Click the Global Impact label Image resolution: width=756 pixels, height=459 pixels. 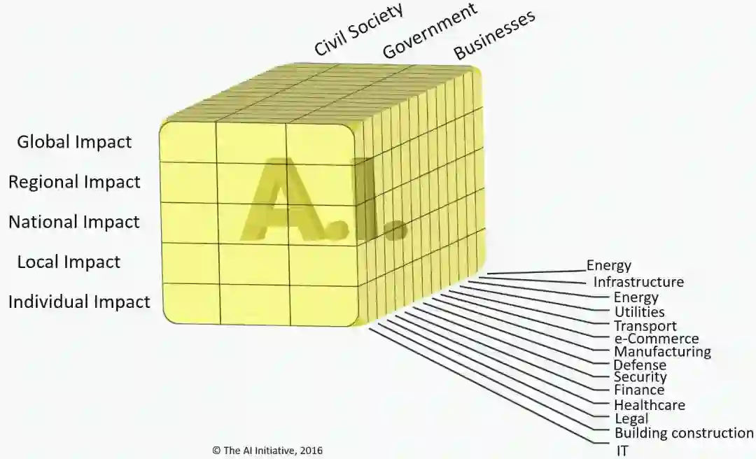pyautogui.click(x=74, y=142)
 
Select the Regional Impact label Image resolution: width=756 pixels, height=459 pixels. pyautogui.click(x=74, y=182)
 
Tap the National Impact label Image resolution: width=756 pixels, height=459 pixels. pyautogui.click(x=74, y=222)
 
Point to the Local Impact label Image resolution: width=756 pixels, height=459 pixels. pyautogui.click(x=69, y=262)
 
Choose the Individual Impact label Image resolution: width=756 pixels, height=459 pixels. pyautogui.click(x=79, y=302)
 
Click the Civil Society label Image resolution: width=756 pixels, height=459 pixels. pyautogui.click(x=359, y=29)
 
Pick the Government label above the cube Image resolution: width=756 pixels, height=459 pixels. pyautogui.click(x=430, y=30)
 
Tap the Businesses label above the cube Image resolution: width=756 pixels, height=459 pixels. pyautogui.click(x=494, y=34)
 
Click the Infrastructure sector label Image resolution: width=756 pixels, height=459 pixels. pyautogui.click(x=638, y=282)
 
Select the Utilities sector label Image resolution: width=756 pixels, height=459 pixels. pyautogui.click(x=639, y=312)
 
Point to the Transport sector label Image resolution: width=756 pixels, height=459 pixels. pyautogui.click(x=645, y=326)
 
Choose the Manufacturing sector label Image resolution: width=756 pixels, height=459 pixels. pyautogui.click(x=662, y=352)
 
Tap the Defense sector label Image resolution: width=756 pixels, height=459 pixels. pyautogui.click(x=640, y=365)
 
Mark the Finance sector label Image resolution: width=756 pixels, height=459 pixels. pyautogui.click(x=639, y=390)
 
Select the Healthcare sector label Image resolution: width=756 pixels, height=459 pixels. pyautogui.click(x=649, y=405)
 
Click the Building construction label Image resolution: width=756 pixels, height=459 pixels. pyautogui.click(x=684, y=433)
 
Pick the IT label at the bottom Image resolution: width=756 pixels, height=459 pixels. pyautogui.click(x=622, y=451)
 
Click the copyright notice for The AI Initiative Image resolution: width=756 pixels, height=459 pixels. pyautogui.click(x=267, y=451)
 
